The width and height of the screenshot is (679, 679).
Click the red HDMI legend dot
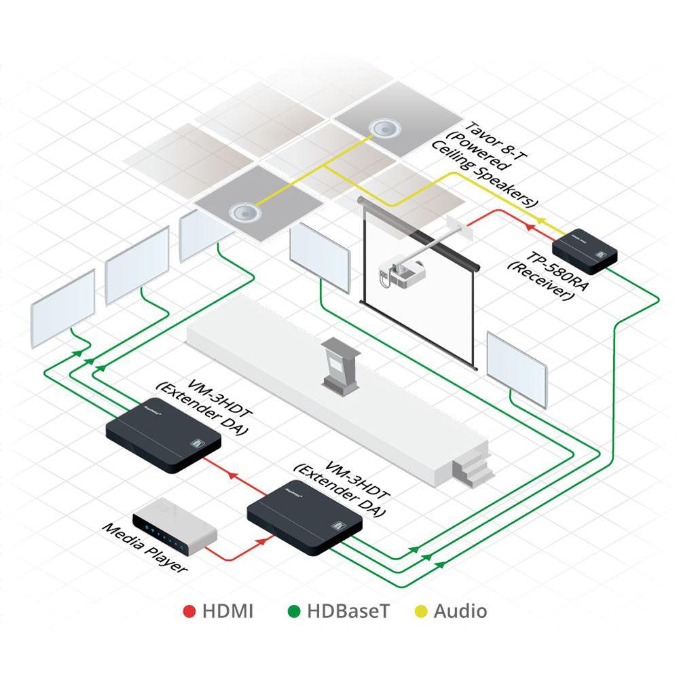pos(189,611)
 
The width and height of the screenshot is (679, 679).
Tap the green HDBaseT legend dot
pos(293,611)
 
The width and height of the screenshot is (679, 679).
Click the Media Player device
pos(173,526)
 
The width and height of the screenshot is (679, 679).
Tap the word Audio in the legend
pos(460,611)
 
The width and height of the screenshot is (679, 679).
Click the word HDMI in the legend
pos(227,611)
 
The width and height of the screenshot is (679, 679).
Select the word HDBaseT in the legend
pos(348,611)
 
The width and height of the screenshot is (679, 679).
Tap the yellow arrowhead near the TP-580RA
pos(541,221)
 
